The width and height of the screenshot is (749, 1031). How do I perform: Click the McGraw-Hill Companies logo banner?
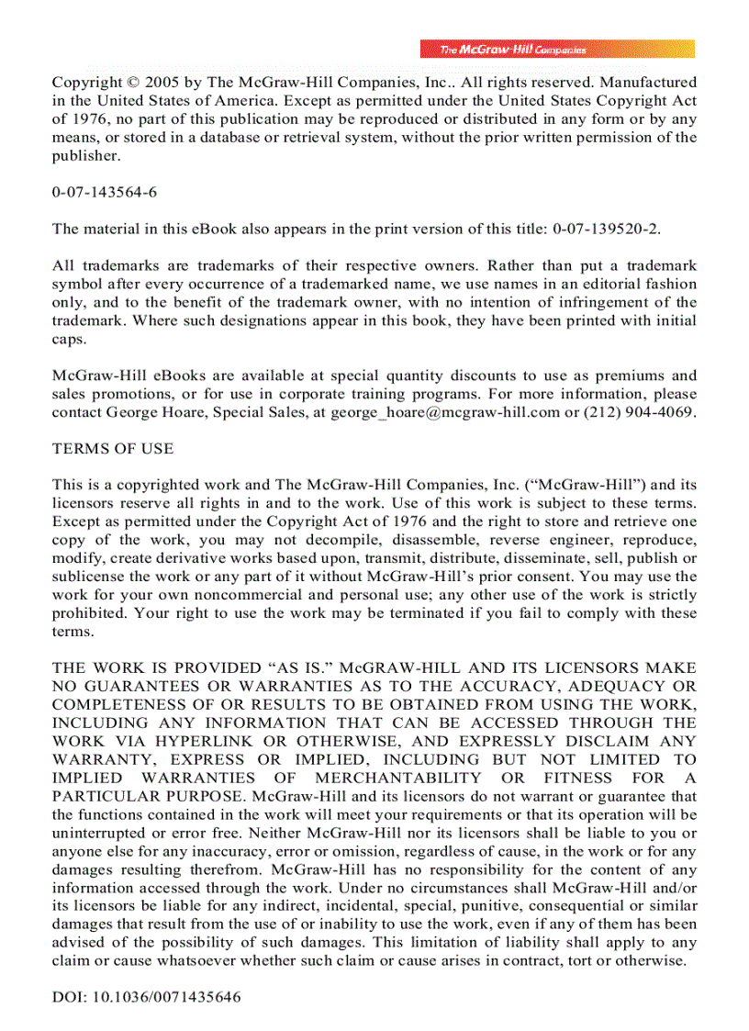[557, 50]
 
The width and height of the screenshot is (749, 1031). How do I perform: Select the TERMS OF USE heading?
[113, 449]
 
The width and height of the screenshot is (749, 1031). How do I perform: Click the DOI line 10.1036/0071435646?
[146, 997]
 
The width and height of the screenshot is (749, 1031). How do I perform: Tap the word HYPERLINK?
[189, 741]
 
